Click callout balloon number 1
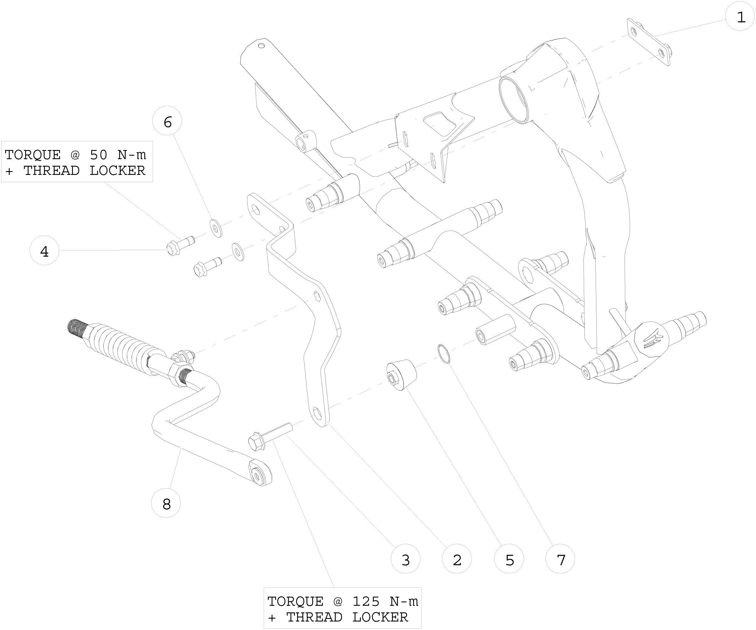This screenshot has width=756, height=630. (739, 17)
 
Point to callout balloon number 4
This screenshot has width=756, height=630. (44, 251)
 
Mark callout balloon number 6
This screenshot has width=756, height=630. (167, 122)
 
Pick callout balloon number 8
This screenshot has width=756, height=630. (166, 504)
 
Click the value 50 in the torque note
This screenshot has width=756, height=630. (98, 155)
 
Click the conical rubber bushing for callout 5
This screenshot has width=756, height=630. (401, 375)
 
